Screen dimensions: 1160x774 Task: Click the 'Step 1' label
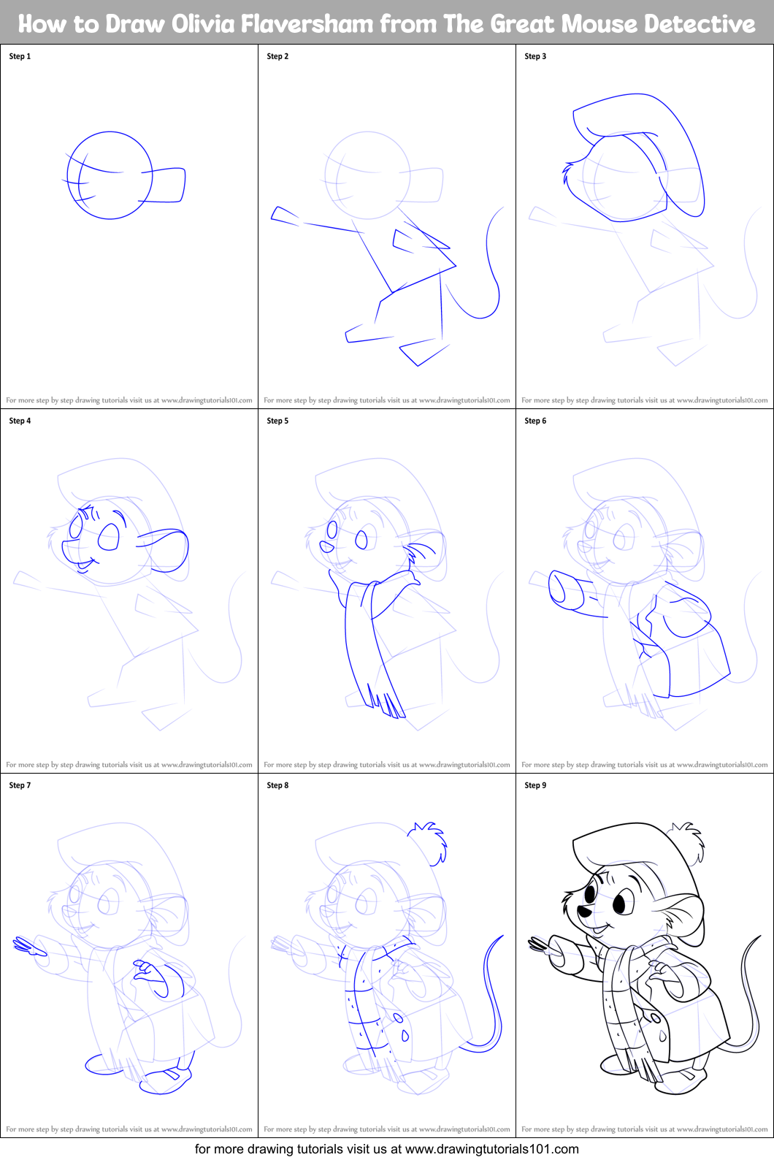pyautogui.click(x=20, y=56)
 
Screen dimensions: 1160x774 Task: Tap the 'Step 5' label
pyautogui.click(x=277, y=421)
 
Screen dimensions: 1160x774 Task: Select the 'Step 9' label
pyautogui.click(x=535, y=785)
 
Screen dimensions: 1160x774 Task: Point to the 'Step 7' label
pyautogui.click(x=20, y=785)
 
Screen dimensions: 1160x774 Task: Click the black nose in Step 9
pyautogui.click(x=584, y=912)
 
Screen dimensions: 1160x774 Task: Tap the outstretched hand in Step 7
pyautogui.click(x=28, y=948)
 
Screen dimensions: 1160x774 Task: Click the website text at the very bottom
pyautogui.click(x=386, y=1149)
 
